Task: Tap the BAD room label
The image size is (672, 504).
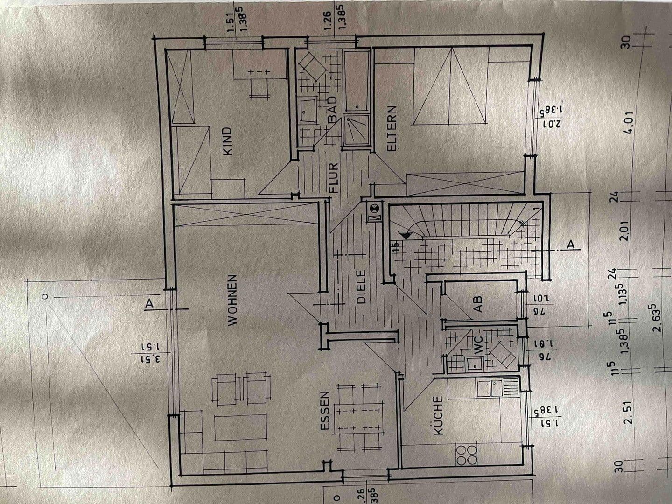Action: tap(332, 110)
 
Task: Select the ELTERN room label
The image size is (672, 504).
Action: tap(391, 128)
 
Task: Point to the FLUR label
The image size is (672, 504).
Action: tap(333, 178)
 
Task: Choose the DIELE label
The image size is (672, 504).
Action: tap(362, 287)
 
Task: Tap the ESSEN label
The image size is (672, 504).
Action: tap(325, 411)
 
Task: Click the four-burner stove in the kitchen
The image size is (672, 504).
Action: tap(467, 455)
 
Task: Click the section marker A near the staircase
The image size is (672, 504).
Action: tap(570, 244)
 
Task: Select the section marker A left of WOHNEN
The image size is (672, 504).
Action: tap(149, 303)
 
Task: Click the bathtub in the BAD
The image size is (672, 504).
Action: tap(357, 82)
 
